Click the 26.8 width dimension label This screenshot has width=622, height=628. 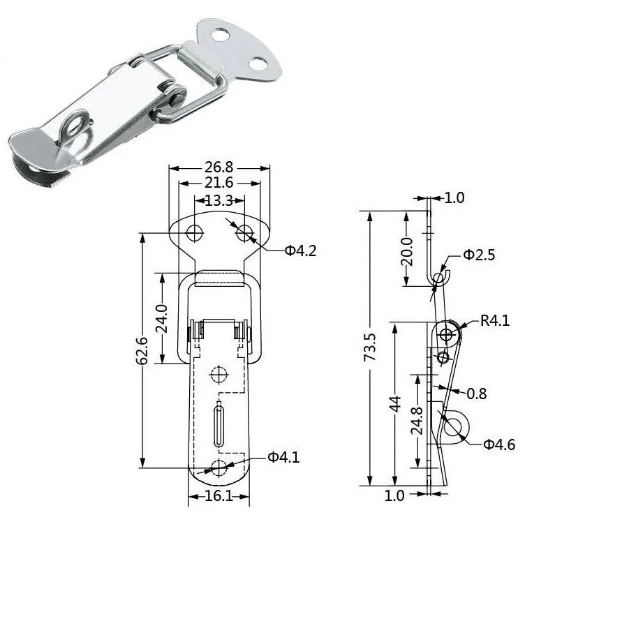[x=219, y=167]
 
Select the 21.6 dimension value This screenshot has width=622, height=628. [x=219, y=183]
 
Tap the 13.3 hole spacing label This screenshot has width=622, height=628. [x=219, y=200]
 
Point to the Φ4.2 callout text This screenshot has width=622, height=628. [x=300, y=251]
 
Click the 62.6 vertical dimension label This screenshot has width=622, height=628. [x=142, y=350]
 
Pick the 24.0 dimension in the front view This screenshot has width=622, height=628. [x=161, y=318]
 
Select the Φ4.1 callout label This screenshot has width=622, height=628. [x=283, y=457]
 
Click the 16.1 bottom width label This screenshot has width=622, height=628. [x=219, y=496]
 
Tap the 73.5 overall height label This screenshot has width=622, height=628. [x=370, y=347]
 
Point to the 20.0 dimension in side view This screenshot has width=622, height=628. [x=406, y=251]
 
